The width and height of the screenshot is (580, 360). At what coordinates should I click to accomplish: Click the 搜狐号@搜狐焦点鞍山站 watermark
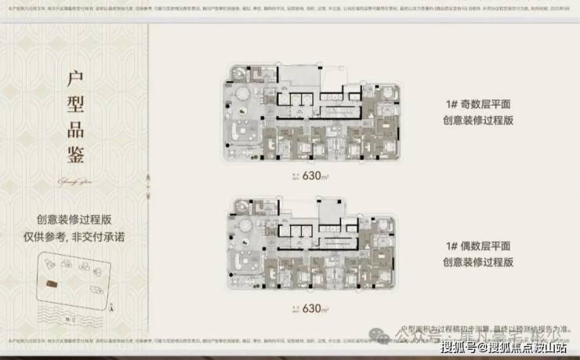506,347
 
